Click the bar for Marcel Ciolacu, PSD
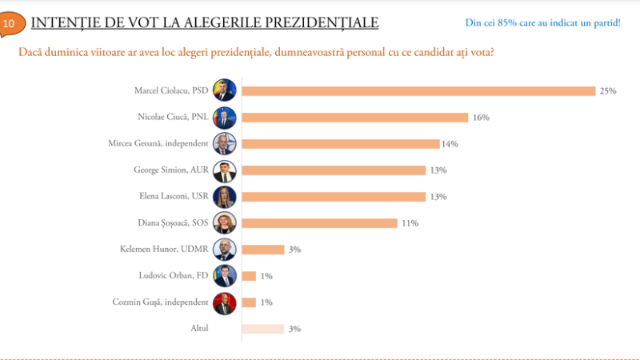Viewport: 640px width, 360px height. click(x=418, y=91)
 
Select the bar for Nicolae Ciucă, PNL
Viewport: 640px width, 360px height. click(x=354, y=118)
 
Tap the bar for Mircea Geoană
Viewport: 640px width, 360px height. click(x=340, y=144)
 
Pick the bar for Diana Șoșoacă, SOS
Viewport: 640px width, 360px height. click(x=319, y=223)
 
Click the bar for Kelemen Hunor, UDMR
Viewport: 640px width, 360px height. click(x=262, y=250)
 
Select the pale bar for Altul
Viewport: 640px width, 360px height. click(x=262, y=329)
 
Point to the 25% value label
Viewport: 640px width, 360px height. click(x=608, y=91)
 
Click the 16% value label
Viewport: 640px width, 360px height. click(x=481, y=118)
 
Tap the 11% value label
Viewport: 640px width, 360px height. click(x=410, y=223)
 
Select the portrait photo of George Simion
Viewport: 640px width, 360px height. click(x=224, y=170)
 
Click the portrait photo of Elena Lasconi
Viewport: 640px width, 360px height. click(x=224, y=197)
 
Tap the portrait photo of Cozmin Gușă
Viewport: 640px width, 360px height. click(x=224, y=302)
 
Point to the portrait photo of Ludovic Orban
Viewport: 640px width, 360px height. click(x=224, y=276)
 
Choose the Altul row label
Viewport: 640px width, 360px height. click(x=199, y=329)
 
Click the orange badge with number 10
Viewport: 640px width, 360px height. click(x=10, y=24)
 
